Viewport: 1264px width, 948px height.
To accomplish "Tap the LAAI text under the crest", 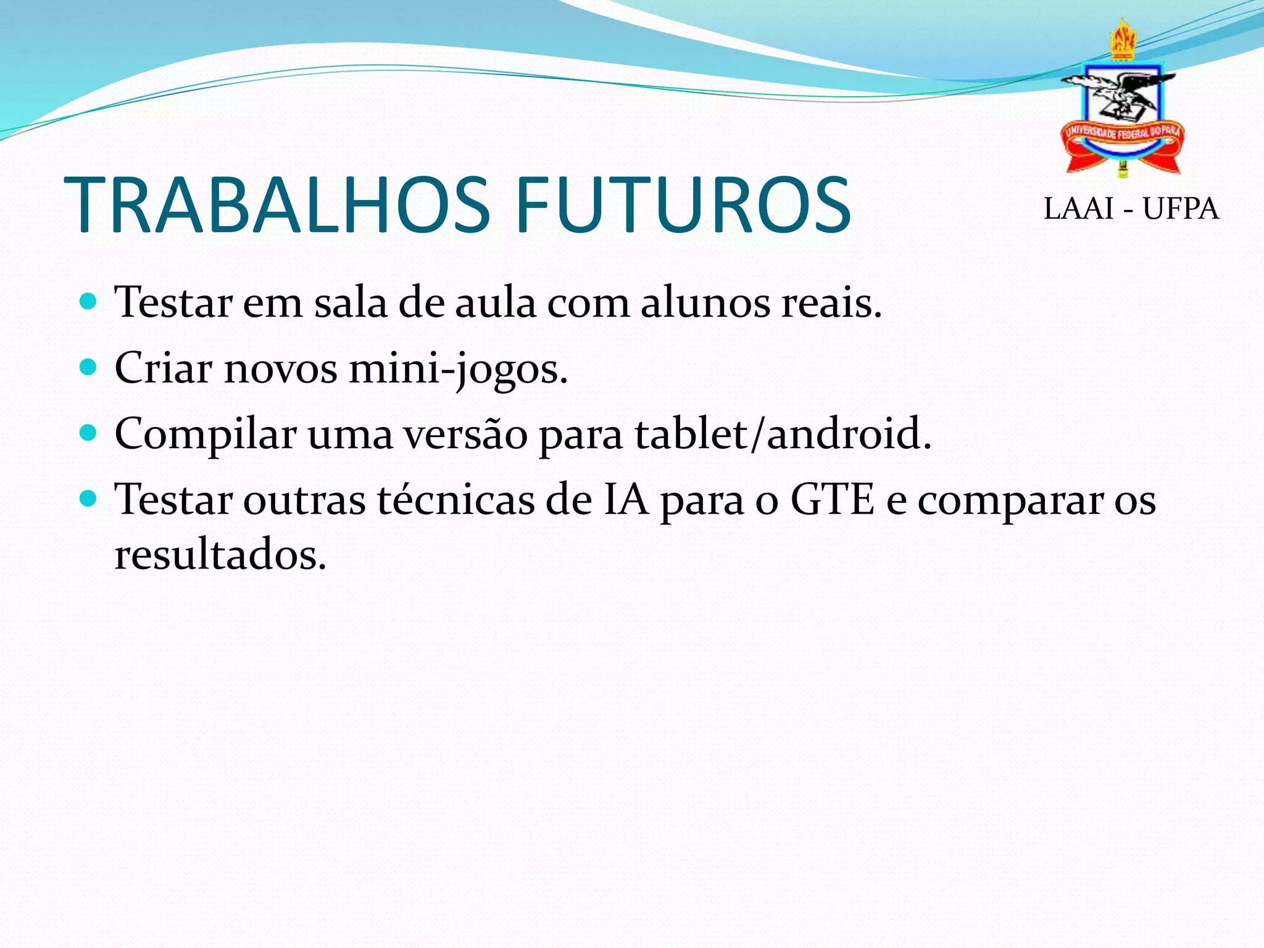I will click(x=1078, y=209).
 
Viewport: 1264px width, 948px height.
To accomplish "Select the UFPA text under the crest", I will click(x=1180, y=209).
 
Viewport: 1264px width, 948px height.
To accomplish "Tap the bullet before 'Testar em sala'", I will click(x=89, y=302).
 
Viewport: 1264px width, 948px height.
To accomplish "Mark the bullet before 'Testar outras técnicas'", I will click(x=89, y=499).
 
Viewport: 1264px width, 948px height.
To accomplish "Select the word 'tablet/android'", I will click(x=783, y=434).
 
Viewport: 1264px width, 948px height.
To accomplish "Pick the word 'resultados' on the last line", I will click(x=220, y=554).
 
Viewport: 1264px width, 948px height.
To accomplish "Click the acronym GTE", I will click(x=833, y=499).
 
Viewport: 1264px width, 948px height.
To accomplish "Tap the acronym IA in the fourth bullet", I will click(x=626, y=499).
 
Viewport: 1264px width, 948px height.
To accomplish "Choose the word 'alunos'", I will click(x=705, y=303).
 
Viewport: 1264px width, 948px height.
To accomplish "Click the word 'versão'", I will click(x=466, y=434).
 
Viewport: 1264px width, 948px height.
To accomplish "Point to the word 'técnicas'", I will click(x=456, y=499).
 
